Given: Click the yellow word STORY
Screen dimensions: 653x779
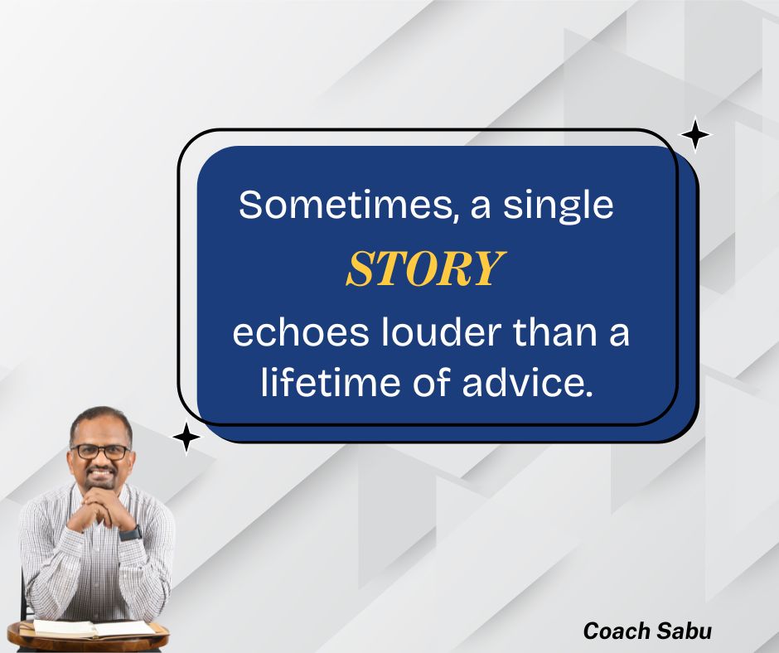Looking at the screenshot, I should (424, 268).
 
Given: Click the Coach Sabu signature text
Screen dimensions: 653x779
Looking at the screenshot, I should (647, 631).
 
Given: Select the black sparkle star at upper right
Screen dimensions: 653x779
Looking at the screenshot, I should (694, 135).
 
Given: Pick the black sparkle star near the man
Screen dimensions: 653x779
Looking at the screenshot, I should (187, 438).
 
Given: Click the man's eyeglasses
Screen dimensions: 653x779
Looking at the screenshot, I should (100, 452).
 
